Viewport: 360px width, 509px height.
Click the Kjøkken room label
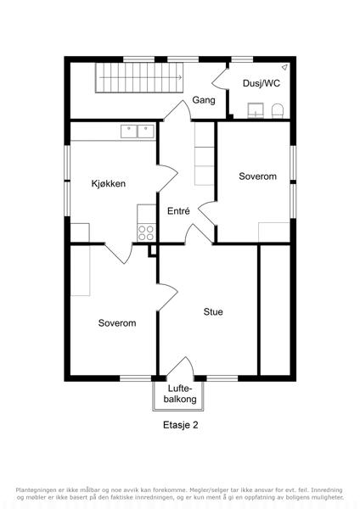click(108, 184)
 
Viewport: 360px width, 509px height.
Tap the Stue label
click(213, 312)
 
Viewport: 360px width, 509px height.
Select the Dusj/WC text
click(262, 83)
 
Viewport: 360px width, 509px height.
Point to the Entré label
click(178, 211)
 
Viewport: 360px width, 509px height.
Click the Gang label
click(204, 100)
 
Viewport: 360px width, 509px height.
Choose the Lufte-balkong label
click(180, 394)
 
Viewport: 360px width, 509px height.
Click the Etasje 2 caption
click(180, 425)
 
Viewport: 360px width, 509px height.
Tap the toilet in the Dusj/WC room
click(278, 110)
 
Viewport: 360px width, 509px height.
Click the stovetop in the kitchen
click(146, 232)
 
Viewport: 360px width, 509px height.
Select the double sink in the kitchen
click(138, 131)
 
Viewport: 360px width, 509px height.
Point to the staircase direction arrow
click(140, 77)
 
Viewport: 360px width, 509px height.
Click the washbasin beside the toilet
click(256, 110)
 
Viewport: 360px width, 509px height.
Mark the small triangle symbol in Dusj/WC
click(284, 67)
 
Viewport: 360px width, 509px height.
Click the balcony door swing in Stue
click(181, 366)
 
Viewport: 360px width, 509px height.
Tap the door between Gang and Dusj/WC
click(220, 78)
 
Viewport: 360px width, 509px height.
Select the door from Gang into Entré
click(177, 110)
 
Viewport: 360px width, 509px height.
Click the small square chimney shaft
click(152, 250)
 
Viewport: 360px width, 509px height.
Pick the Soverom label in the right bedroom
click(257, 176)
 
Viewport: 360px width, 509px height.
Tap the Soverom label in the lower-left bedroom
click(117, 323)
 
